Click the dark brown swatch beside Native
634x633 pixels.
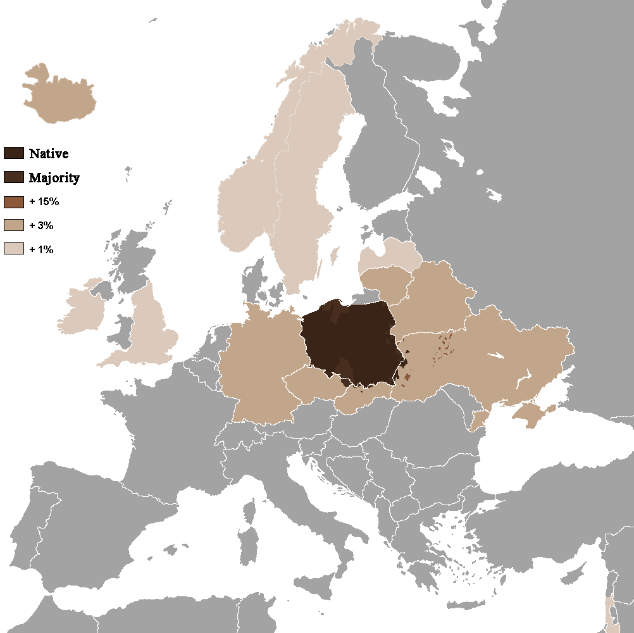pyautogui.click(x=13, y=153)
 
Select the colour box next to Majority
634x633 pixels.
pyautogui.click(x=13, y=177)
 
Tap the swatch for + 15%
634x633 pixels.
pyautogui.click(x=13, y=202)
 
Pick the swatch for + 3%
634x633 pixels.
pyautogui.click(x=13, y=225)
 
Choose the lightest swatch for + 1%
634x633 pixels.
pyautogui.click(x=13, y=249)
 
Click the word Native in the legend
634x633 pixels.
pyautogui.click(x=49, y=153)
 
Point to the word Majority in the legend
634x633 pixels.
pyautogui.click(x=54, y=178)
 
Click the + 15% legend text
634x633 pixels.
pyautogui.click(x=44, y=202)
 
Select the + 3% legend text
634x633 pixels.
pyautogui.click(x=41, y=225)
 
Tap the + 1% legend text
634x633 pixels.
pyautogui.click(x=41, y=249)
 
